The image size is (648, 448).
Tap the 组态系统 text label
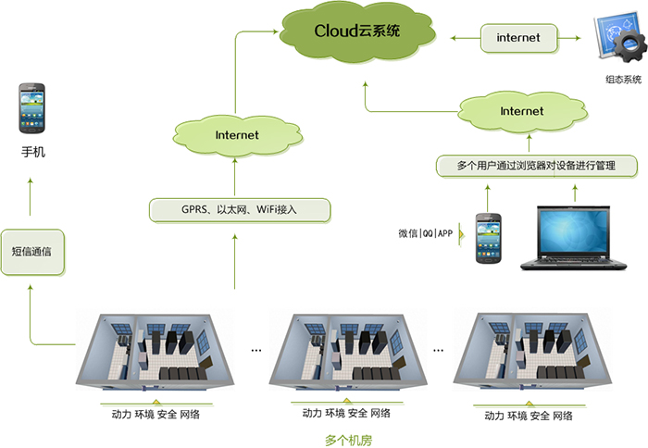(622, 80)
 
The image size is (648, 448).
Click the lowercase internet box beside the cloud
(518, 38)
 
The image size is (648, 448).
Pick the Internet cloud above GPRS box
(237, 135)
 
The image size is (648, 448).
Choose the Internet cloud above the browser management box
(521, 111)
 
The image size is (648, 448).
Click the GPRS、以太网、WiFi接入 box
(240, 210)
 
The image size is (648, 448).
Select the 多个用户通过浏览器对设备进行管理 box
(536, 166)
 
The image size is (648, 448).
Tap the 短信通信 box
(31, 252)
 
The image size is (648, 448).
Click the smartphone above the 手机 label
(31, 108)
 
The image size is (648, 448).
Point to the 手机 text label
(32, 152)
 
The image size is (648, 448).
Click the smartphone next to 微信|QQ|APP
(488, 238)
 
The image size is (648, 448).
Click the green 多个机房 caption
(348, 440)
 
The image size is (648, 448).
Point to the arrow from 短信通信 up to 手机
(31, 199)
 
